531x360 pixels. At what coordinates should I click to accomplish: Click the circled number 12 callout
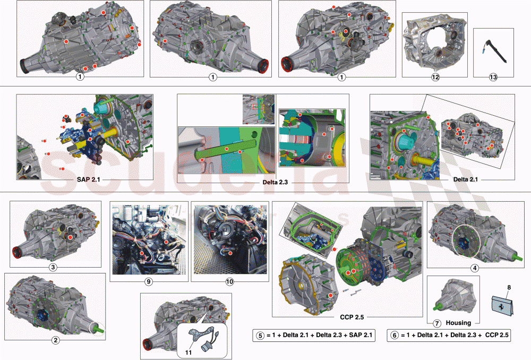(435, 77)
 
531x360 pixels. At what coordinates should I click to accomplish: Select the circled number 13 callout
(493, 77)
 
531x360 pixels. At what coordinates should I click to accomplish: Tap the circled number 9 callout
(148, 281)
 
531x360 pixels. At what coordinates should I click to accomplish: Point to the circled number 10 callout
(229, 281)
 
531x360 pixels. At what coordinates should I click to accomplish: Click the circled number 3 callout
(53, 267)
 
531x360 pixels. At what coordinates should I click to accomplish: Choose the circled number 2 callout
(56, 340)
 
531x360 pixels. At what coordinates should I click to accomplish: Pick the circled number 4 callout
(475, 268)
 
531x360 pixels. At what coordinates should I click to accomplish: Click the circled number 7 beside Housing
(437, 323)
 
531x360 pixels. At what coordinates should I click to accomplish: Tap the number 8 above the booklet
(509, 288)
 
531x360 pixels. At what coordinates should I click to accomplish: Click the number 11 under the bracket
(189, 353)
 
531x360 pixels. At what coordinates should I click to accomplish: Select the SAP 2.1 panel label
(88, 179)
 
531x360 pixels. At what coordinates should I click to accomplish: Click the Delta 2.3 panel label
(275, 182)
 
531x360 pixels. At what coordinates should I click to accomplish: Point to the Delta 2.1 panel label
(465, 179)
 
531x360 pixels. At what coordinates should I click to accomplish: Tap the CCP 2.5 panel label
(352, 317)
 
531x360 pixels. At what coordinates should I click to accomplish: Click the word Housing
(458, 323)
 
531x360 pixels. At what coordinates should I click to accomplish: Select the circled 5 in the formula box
(260, 335)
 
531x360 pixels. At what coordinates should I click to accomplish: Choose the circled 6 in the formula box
(395, 335)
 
